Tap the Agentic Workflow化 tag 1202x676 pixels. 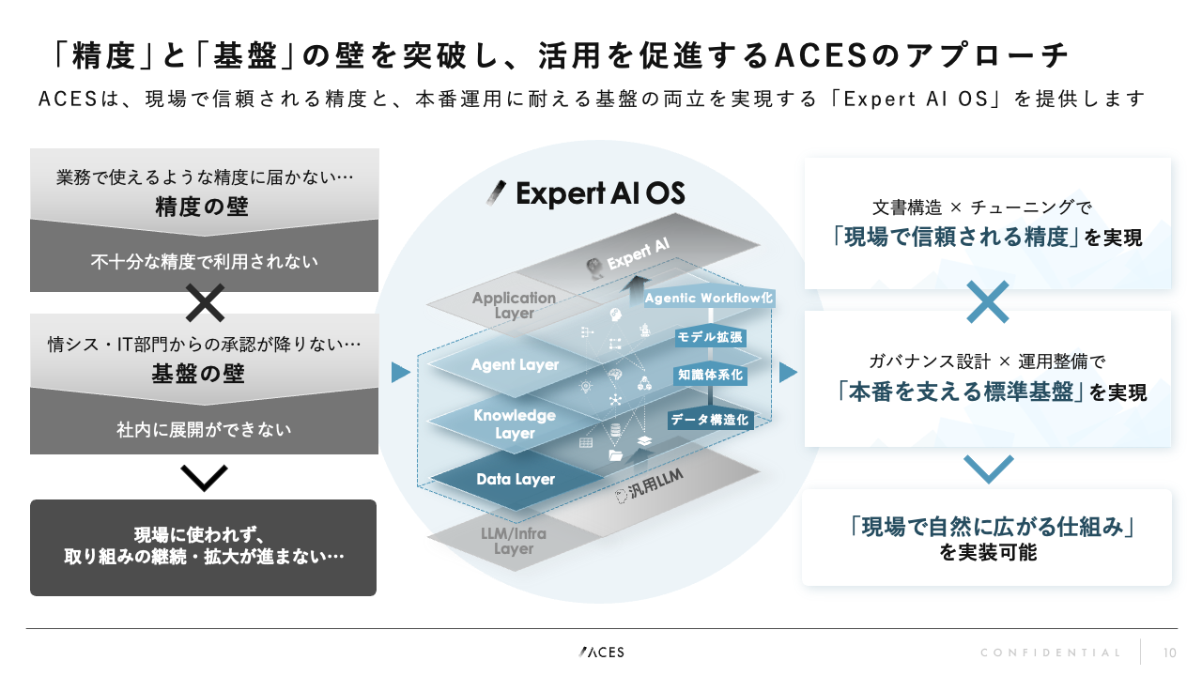tap(709, 298)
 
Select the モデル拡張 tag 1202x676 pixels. tap(710, 336)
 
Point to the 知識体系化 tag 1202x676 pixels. tap(710, 375)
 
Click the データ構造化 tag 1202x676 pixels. tap(709, 420)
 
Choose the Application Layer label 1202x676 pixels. tap(514, 306)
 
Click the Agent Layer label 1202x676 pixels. tap(515, 364)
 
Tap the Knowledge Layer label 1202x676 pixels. tap(515, 424)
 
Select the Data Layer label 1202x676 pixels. tap(516, 479)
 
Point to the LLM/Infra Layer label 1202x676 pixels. tap(514, 542)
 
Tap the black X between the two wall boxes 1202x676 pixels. tap(204, 303)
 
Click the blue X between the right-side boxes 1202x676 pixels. tap(987, 301)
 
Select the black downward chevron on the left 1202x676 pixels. tap(204, 478)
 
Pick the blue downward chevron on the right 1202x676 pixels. tap(988, 468)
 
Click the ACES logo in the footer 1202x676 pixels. tap(601, 652)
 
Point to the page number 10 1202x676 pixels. tap(1170, 653)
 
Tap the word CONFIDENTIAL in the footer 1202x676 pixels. tap(1051, 653)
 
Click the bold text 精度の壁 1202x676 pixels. tap(202, 207)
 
